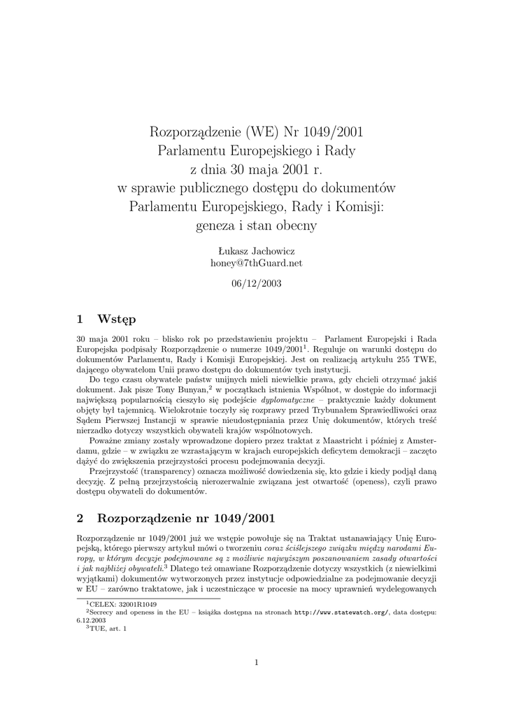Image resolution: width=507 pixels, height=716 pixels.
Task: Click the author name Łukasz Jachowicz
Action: pos(256,250)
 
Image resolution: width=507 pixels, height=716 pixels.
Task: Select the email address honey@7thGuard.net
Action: pos(256,263)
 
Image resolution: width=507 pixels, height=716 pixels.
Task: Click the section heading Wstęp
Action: pos(117,320)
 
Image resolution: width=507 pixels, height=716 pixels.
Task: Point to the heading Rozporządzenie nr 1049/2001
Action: pos(187,518)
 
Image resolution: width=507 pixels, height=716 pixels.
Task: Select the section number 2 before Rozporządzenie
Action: pos(80,518)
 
